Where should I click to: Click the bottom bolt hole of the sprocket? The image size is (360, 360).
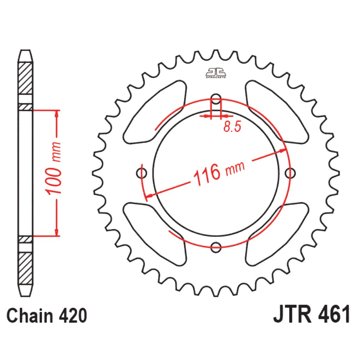[216, 247]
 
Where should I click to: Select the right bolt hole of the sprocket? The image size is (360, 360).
[289, 174]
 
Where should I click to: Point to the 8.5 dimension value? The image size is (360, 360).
[232, 127]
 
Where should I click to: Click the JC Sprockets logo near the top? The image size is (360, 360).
[216, 72]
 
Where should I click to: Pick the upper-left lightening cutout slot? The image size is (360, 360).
[155, 112]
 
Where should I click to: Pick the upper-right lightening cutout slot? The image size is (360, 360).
[277, 112]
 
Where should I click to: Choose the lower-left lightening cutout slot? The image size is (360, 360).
[155, 234]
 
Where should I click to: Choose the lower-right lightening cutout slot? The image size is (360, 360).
[277, 234]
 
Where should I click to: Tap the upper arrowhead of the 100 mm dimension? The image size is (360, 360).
[57, 114]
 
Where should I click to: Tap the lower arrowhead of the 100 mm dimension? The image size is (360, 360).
[57, 231]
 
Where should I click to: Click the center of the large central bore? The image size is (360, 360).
[216, 174]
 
